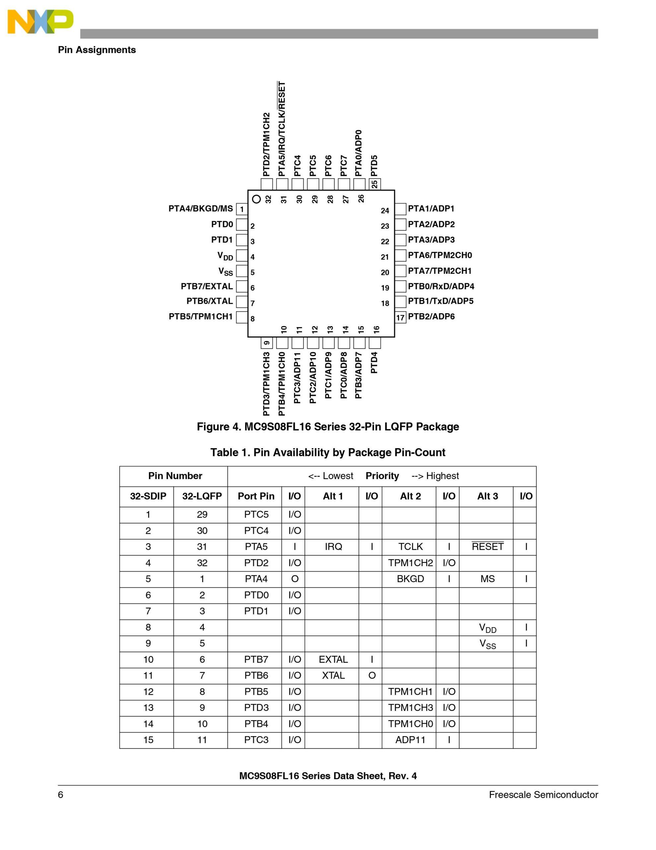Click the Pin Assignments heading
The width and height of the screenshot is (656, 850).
click(97, 50)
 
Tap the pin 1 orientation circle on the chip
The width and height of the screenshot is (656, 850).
click(256, 199)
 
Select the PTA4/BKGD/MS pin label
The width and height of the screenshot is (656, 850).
click(201, 209)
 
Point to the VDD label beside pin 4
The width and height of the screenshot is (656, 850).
click(225, 256)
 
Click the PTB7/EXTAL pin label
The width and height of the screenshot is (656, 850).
click(207, 287)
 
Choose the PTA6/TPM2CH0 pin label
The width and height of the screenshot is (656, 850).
click(440, 255)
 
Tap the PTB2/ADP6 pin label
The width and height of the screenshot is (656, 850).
click(431, 316)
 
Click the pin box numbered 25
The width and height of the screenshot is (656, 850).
click(374, 184)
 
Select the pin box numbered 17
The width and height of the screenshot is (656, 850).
click(400, 317)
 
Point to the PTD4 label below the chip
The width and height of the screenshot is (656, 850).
click(374, 362)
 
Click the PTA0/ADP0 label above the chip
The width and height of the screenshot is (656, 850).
click(359, 153)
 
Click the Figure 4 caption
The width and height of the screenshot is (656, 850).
click(328, 427)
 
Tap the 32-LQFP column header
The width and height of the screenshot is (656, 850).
click(202, 496)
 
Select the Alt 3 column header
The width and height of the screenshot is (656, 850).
click(487, 496)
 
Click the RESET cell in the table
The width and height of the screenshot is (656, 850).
click(487, 547)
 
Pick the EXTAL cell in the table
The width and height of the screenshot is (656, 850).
click(333, 659)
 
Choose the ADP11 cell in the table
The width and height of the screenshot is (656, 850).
click(410, 740)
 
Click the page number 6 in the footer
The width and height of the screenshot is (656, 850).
click(61, 795)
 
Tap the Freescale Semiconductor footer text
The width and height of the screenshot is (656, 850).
click(543, 795)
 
